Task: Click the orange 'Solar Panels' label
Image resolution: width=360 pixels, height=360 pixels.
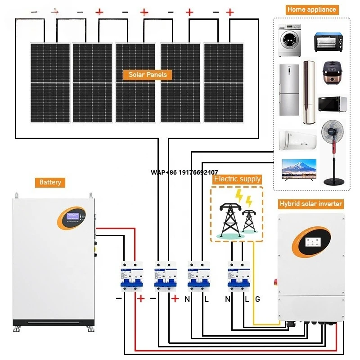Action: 148,75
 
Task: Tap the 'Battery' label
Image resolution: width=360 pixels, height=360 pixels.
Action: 50,182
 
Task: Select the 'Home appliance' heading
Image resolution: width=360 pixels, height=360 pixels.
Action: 311,9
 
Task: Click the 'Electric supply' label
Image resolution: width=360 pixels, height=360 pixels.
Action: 237,179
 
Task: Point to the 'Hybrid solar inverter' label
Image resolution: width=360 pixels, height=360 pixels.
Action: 310,204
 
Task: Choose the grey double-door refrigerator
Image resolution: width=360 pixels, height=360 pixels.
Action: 288,90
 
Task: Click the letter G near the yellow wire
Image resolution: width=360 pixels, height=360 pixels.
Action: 257,299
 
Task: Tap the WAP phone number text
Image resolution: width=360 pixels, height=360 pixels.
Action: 184,172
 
